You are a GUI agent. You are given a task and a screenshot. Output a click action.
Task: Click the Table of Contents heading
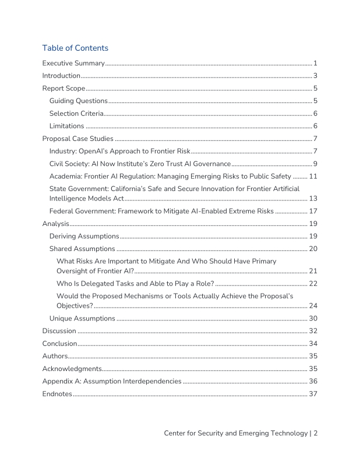pos(75,48)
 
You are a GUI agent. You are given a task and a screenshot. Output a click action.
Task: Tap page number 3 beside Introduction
pos(315,76)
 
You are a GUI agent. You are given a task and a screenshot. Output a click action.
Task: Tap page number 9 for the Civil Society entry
pos(315,164)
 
